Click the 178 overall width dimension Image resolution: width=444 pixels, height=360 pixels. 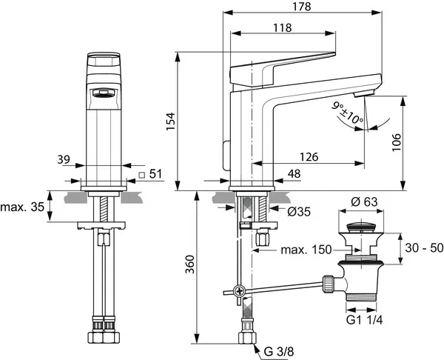(302, 6)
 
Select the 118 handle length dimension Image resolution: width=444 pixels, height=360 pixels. (283, 27)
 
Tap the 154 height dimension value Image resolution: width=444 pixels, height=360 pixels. (170, 121)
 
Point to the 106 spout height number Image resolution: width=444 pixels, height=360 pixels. (397, 142)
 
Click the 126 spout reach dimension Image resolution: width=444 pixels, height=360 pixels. (309, 157)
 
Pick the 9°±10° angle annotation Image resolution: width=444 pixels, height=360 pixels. (348, 113)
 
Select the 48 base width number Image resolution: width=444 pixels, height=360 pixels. (294, 173)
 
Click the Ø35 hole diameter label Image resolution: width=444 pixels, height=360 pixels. (299, 211)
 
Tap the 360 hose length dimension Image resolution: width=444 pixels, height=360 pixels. (190, 264)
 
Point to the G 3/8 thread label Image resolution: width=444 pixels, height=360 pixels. (279, 352)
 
